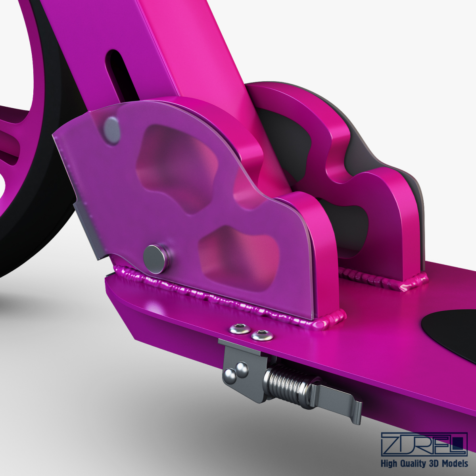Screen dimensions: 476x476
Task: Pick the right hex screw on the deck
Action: (262, 335)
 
